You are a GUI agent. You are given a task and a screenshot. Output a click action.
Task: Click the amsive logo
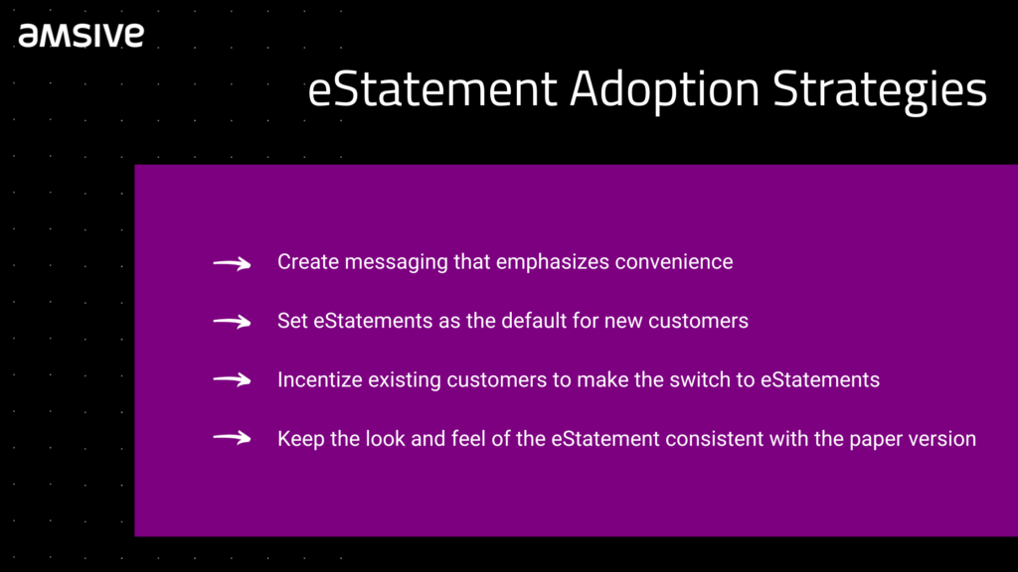tap(82, 36)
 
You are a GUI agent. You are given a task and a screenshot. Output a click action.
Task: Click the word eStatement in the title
tap(432, 88)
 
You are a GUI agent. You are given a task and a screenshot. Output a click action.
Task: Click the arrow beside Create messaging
tap(232, 263)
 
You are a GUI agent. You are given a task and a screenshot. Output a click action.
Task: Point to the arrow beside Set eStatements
tap(232, 322)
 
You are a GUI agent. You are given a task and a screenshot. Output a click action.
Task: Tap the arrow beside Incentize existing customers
tap(232, 380)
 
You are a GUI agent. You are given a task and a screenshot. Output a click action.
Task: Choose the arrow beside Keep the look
tap(232, 438)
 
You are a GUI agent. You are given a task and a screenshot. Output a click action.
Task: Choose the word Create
tap(308, 262)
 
